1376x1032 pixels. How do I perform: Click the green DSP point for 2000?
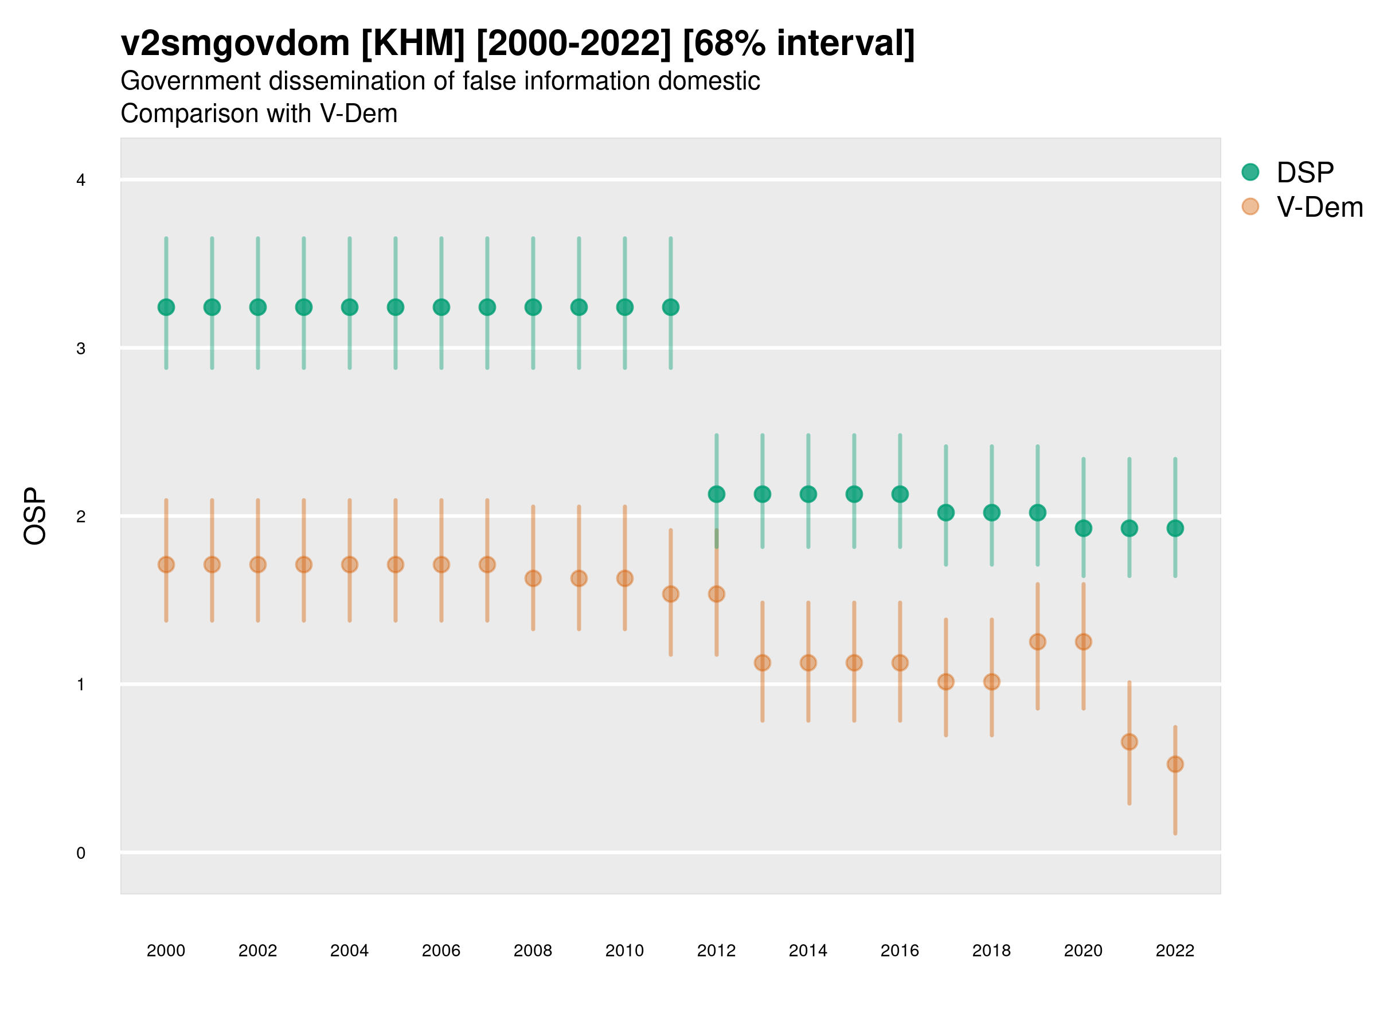point(166,307)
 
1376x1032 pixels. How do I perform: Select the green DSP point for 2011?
point(671,307)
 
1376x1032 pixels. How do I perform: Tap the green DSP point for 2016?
point(900,495)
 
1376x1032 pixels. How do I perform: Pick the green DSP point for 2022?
point(1175,528)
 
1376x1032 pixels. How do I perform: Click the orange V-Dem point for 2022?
point(1175,764)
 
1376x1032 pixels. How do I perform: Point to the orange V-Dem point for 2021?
point(1129,742)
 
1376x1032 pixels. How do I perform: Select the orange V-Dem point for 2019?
point(1038,642)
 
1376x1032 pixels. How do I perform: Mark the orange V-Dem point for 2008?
point(533,578)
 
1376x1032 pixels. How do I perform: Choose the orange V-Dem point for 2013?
point(763,663)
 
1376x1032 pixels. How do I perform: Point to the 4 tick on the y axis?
point(81,181)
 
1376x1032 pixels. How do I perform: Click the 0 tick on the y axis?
point(81,853)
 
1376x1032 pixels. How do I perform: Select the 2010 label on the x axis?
point(624,951)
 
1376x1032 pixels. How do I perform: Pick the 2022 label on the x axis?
point(1175,951)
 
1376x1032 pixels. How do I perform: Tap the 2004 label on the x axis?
point(350,951)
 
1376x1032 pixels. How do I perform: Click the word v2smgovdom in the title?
point(235,44)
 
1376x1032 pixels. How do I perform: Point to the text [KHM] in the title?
point(412,44)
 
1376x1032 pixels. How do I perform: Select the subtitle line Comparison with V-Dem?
point(259,114)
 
